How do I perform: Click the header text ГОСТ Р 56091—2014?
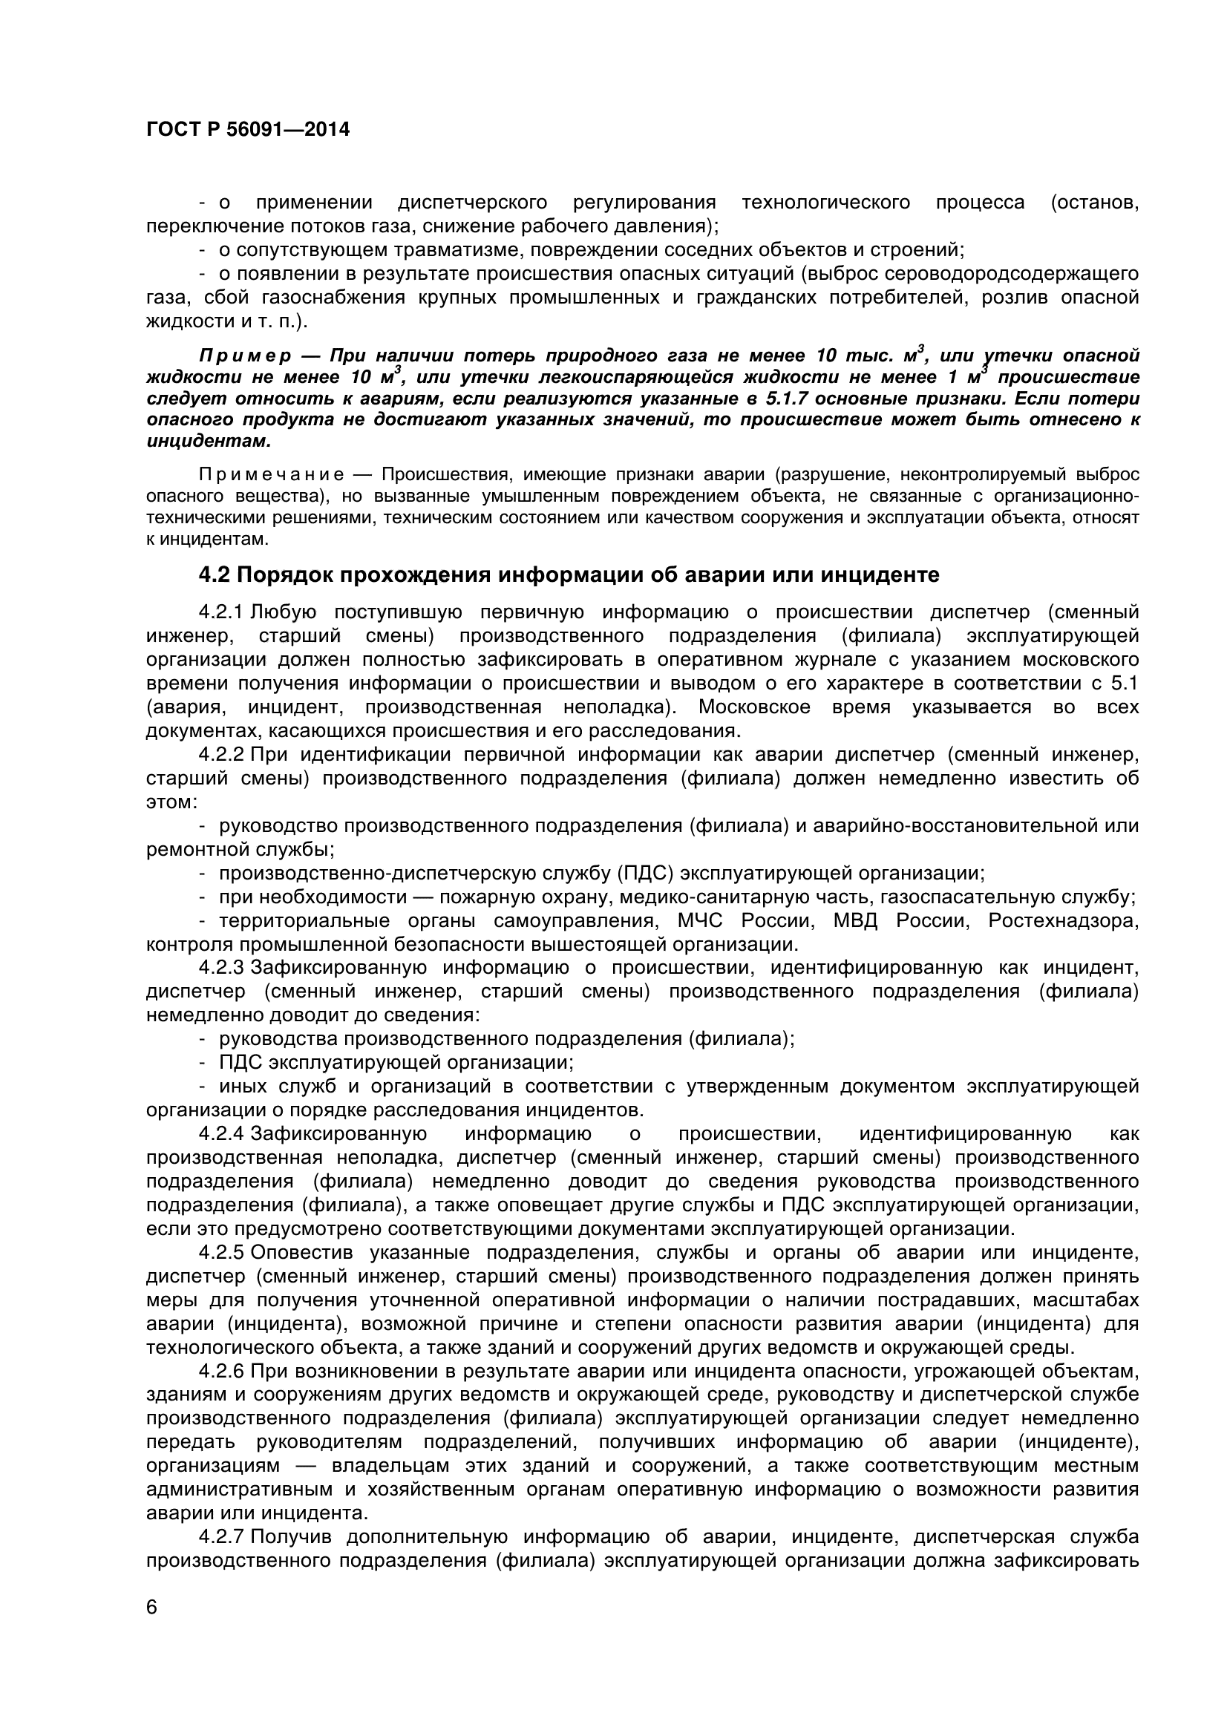coord(247,130)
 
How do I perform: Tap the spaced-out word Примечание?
coord(271,475)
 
